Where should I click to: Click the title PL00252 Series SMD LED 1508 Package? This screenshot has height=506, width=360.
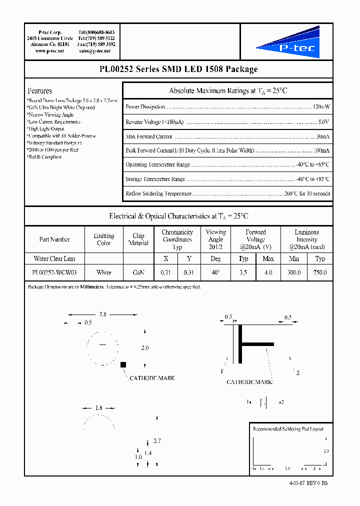click(178, 69)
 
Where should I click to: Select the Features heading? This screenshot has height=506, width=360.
click(39, 91)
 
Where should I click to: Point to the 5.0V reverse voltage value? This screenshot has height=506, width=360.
click(323, 121)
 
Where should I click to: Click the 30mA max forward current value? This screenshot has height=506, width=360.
click(322, 136)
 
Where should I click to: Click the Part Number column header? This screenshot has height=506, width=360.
click(54, 239)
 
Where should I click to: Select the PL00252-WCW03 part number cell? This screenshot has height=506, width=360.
click(54, 272)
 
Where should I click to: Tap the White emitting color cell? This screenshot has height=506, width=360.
click(103, 272)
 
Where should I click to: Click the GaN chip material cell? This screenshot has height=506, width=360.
click(138, 272)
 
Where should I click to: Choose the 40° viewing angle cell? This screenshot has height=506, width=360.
click(215, 272)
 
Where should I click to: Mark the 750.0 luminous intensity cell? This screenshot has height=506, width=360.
click(320, 272)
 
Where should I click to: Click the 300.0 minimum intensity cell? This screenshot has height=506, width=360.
click(294, 272)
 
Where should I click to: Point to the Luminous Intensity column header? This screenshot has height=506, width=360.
click(306, 239)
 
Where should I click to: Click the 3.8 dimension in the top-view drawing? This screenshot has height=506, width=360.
click(102, 314)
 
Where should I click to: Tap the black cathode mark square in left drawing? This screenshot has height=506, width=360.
click(122, 365)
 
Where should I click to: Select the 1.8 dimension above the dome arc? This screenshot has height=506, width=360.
click(98, 408)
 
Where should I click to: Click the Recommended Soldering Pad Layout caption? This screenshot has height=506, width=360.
click(288, 429)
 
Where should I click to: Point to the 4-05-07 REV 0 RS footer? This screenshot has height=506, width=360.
click(308, 483)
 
